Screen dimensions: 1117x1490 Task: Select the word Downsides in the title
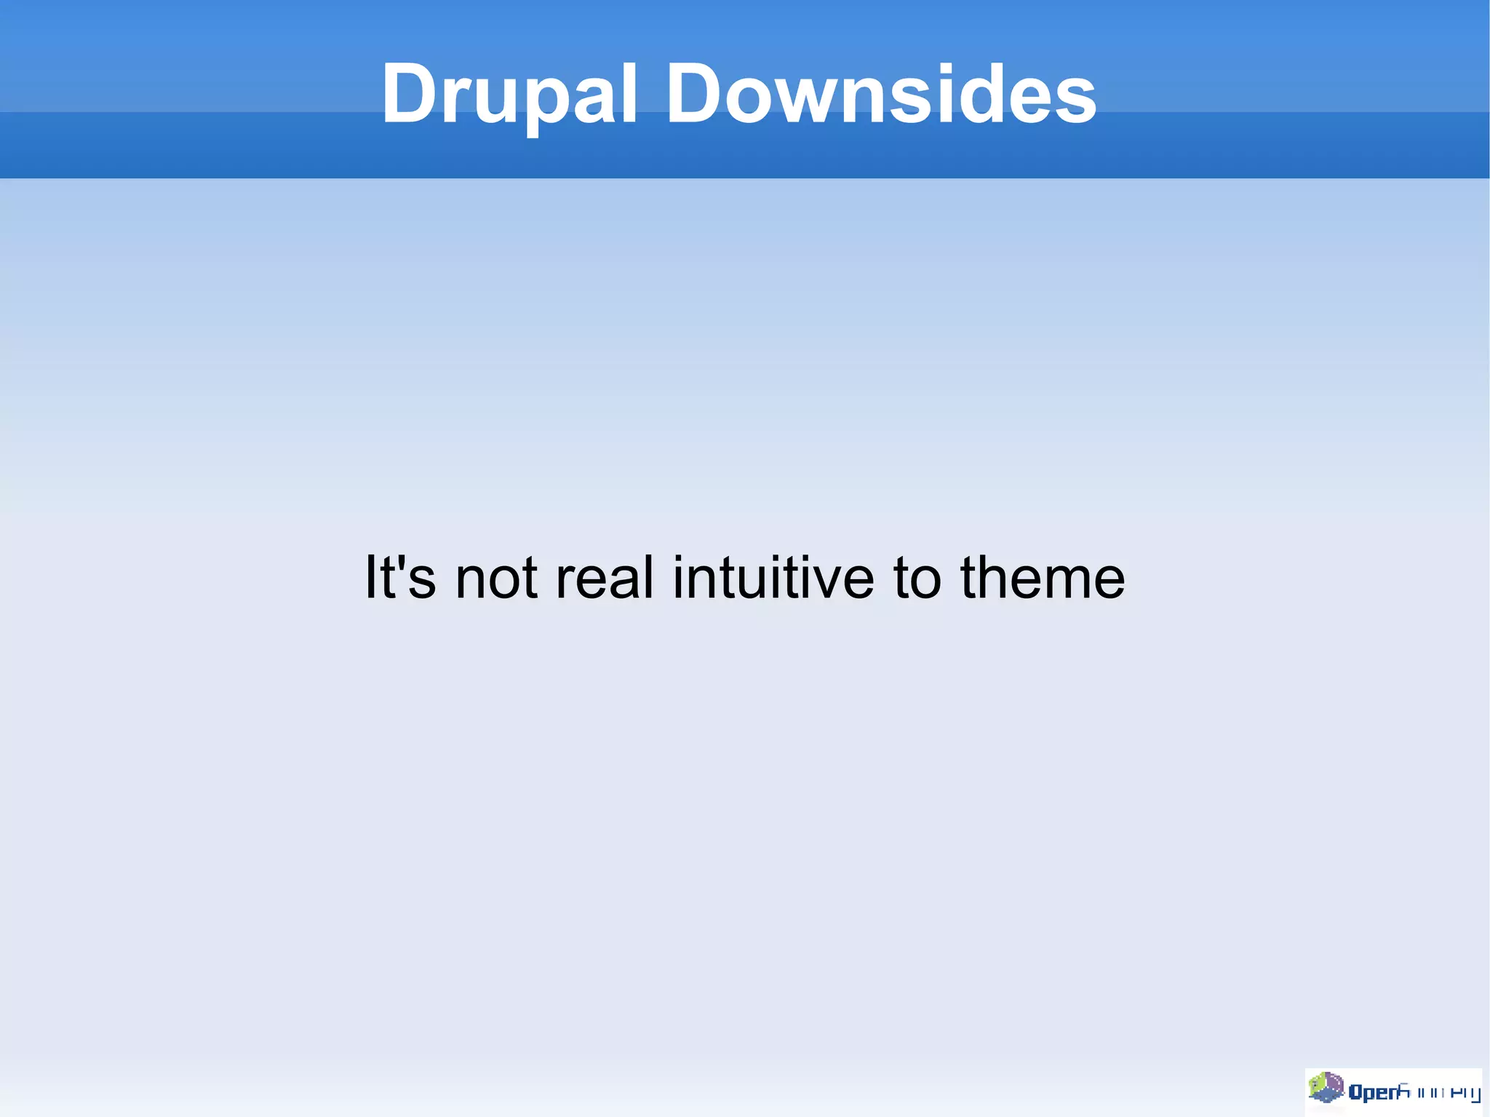click(x=881, y=95)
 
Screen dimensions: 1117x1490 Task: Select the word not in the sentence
click(x=496, y=579)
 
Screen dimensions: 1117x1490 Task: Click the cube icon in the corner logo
click(x=1326, y=1089)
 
